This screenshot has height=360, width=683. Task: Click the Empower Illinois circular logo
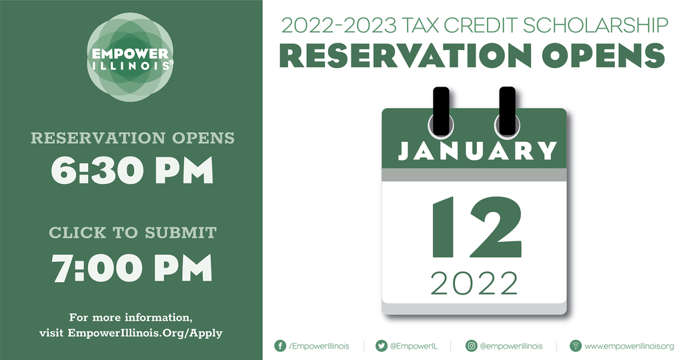pos(130,57)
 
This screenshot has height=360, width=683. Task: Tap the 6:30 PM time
pos(132,170)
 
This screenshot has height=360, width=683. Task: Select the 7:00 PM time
pos(132,267)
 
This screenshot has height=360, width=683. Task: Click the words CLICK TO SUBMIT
pos(133,233)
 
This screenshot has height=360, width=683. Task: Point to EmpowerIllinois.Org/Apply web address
pos(145,333)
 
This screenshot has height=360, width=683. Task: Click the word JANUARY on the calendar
pos(478,151)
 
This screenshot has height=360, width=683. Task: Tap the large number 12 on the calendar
pos(476,227)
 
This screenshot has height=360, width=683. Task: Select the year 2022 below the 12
pos(474,283)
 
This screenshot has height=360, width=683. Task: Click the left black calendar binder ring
pos(441,111)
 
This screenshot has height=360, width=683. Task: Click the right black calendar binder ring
pos(507,111)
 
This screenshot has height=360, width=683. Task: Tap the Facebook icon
pos(280,345)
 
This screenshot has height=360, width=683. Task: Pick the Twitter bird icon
pos(381,345)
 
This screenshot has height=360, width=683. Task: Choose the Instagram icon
pos(472,345)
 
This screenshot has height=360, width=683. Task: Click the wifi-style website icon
pos(576,345)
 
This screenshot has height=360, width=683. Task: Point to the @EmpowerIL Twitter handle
pos(414,346)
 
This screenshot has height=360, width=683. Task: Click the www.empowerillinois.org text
pos(629,347)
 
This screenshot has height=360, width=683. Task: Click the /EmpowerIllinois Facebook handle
pos(319,346)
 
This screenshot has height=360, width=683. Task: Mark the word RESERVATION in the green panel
pos(98,138)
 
